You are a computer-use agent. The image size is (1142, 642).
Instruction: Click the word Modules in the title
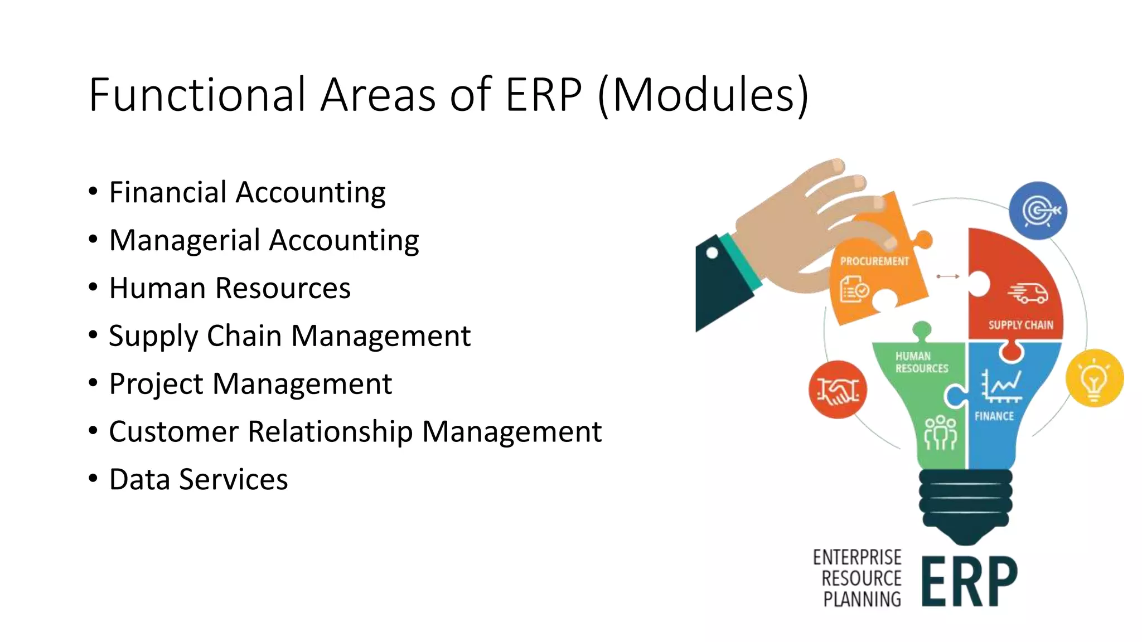(704, 95)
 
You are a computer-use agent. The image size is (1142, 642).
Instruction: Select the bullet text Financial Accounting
(247, 193)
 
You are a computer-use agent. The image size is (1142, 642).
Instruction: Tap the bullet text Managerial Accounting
(264, 241)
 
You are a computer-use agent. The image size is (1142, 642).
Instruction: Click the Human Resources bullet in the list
(230, 288)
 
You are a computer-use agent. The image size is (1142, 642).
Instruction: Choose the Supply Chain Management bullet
(289, 336)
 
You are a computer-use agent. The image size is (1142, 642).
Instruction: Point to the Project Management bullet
(250, 384)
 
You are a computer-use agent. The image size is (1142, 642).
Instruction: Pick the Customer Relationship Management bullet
(355, 432)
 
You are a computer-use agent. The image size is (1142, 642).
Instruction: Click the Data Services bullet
(199, 480)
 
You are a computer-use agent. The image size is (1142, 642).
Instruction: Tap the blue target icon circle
(1038, 211)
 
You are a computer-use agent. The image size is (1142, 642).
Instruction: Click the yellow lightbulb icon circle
(1094, 378)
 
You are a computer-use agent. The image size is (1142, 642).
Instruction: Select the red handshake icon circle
(838, 390)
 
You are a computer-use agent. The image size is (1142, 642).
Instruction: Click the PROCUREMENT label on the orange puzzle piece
(874, 261)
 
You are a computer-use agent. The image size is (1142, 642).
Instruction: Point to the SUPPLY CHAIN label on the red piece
(1020, 325)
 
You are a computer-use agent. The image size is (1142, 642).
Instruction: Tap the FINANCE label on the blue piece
(994, 416)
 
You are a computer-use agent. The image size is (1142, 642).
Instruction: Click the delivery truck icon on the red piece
(1028, 293)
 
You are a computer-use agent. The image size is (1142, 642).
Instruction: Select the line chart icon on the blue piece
(1001, 386)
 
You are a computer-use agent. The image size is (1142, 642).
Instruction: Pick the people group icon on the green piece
(941, 432)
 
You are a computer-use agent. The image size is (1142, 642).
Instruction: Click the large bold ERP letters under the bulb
(969, 581)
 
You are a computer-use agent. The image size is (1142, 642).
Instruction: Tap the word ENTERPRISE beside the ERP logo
(857, 557)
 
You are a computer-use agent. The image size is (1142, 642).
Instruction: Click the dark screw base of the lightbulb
(965, 504)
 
